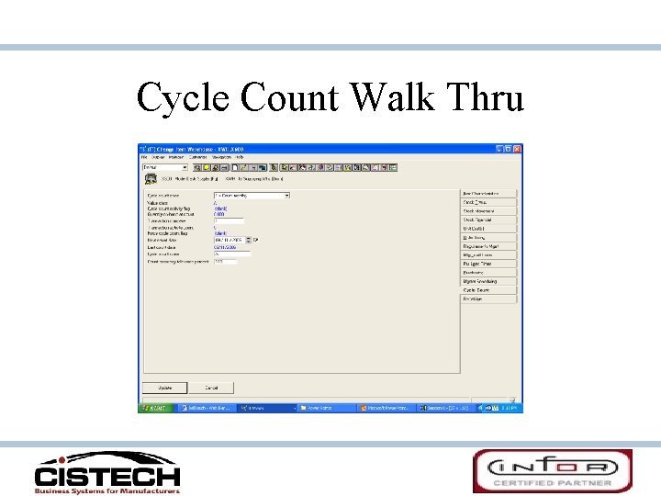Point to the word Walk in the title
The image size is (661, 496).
(398, 96)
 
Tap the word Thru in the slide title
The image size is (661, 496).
(487, 96)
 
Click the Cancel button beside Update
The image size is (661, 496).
(211, 388)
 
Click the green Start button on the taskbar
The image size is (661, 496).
(152, 407)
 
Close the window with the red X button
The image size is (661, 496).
(517, 148)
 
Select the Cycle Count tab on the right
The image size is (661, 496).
(476, 289)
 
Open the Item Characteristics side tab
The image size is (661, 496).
(487, 194)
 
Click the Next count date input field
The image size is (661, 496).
(230, 240)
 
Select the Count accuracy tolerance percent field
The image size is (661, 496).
(224, 261)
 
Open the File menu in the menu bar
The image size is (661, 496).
(145, 157)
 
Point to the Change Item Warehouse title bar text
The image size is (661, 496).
(196, 148)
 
